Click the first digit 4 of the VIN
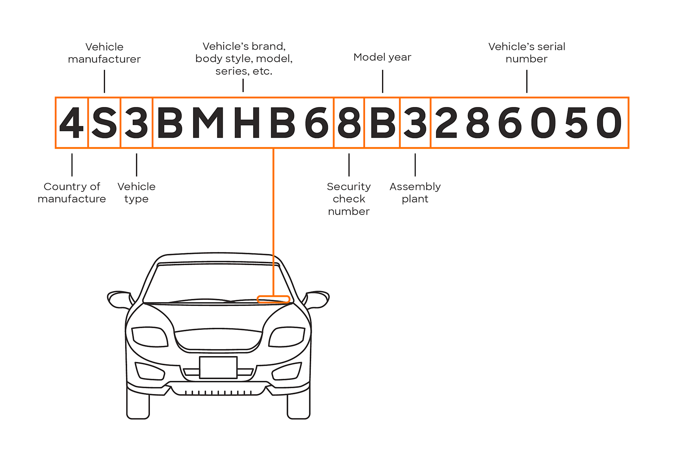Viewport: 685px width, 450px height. [72, 123]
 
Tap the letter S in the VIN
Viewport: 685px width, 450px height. [104, 123]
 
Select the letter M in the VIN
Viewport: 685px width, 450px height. [208, 123]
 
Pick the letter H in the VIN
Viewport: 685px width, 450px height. [247, 123]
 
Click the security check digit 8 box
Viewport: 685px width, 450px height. [349, 123]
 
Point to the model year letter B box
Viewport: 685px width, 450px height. [382, 123]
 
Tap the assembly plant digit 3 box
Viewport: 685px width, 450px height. [415, 123]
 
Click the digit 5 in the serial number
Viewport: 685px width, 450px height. [576, 123]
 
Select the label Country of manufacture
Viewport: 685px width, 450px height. [72, 192]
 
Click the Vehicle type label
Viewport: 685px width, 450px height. [136, 192]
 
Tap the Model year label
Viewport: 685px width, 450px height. [382, 57]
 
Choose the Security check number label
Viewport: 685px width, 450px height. [349, 199]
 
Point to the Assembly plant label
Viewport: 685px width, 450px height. [415, 192]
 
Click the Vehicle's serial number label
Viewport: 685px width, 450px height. [527, 52]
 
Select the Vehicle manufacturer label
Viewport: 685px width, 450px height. [104, 53]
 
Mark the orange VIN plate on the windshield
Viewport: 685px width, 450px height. [273, 299]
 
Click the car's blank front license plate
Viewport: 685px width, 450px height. [218, 367]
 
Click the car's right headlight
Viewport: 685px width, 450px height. [288, 337]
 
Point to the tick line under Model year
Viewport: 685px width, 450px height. [382, 81]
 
